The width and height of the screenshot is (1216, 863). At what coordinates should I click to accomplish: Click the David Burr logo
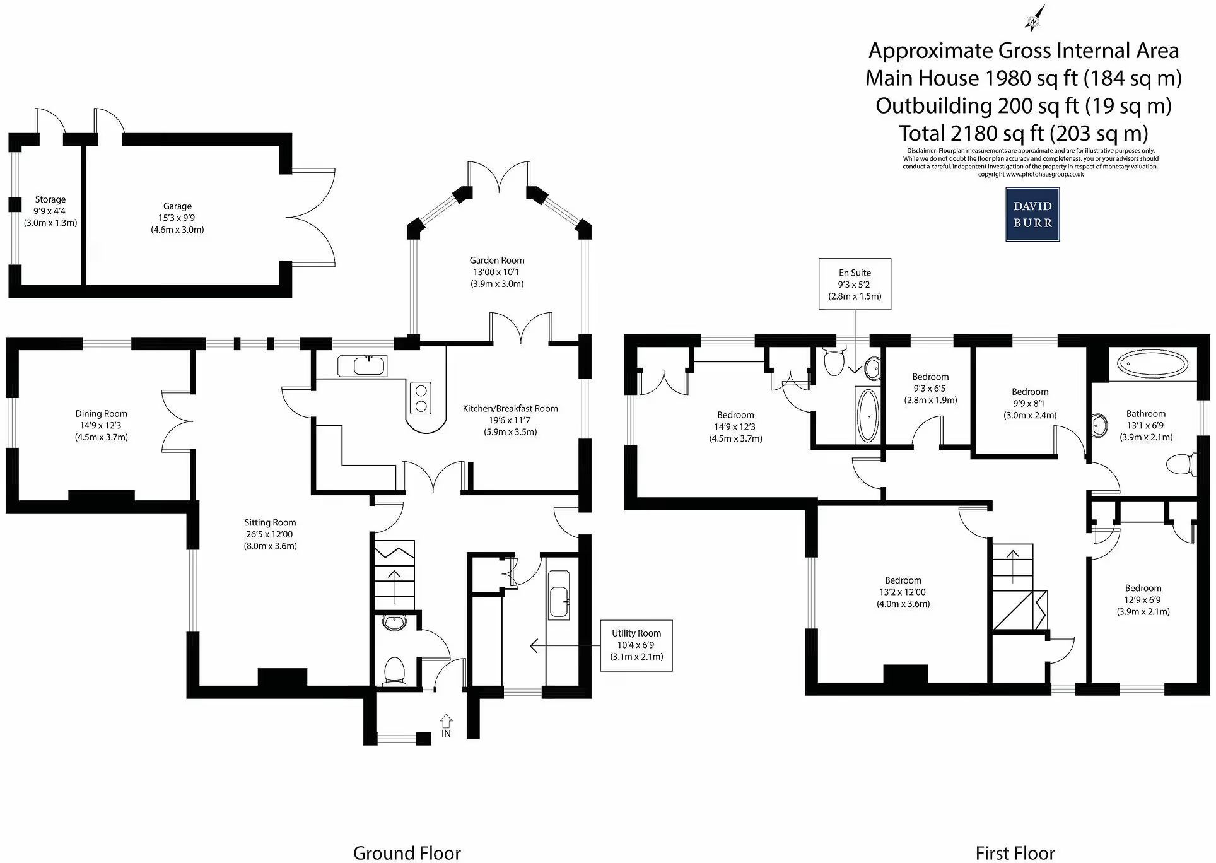(1032, 214)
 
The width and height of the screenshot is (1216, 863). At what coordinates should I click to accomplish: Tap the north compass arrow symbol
(1034, 18)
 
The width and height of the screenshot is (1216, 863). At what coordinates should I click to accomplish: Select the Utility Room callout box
(636, 645)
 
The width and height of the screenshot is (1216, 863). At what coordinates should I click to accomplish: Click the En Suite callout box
(855, 284)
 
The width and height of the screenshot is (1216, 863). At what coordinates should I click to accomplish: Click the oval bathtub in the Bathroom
(1152, 365)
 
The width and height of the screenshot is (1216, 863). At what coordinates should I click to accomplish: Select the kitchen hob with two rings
(420, 398)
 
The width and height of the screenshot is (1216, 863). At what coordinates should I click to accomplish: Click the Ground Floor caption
(407, 853)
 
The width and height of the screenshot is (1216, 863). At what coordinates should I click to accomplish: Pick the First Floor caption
(1015, 853)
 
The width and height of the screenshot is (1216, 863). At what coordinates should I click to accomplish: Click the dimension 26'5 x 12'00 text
(270, 534)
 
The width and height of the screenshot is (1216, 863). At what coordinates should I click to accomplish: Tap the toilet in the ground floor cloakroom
(394, 671)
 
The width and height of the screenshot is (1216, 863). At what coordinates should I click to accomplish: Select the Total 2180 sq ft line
(1023, 133)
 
